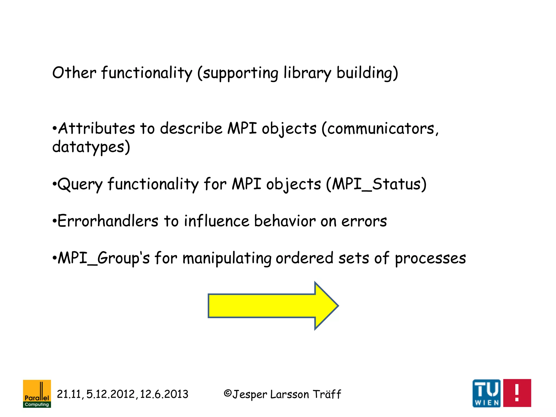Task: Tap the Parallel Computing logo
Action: pyautogui.click(x=37, y=393)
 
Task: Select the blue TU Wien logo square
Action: pyautogui.click(x=486, y=393)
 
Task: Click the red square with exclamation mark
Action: pyautogui.click(x=517, y=393)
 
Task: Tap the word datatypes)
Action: pyautogui.click(x=91, y=147)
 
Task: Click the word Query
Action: pyautogui.click(x=80, y=184)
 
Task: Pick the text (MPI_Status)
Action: pyautogui.click(x=376, y=184)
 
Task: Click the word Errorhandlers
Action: pyautogui.click(x=108, y=221)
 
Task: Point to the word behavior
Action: pyautogui.click(x=285, y=221)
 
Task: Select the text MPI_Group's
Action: pyautogui.click(x=104, y=258)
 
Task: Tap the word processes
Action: pyautogui.click(x=430, y=258)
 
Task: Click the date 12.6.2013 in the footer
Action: pyautogui.click(x=164, y=394)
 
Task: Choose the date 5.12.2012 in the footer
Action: pyautogui.click(x=110, y=394)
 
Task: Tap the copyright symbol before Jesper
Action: pyautogui.click(x=228, y=393)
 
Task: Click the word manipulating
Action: pyautogui.click(x=227, y=258)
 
